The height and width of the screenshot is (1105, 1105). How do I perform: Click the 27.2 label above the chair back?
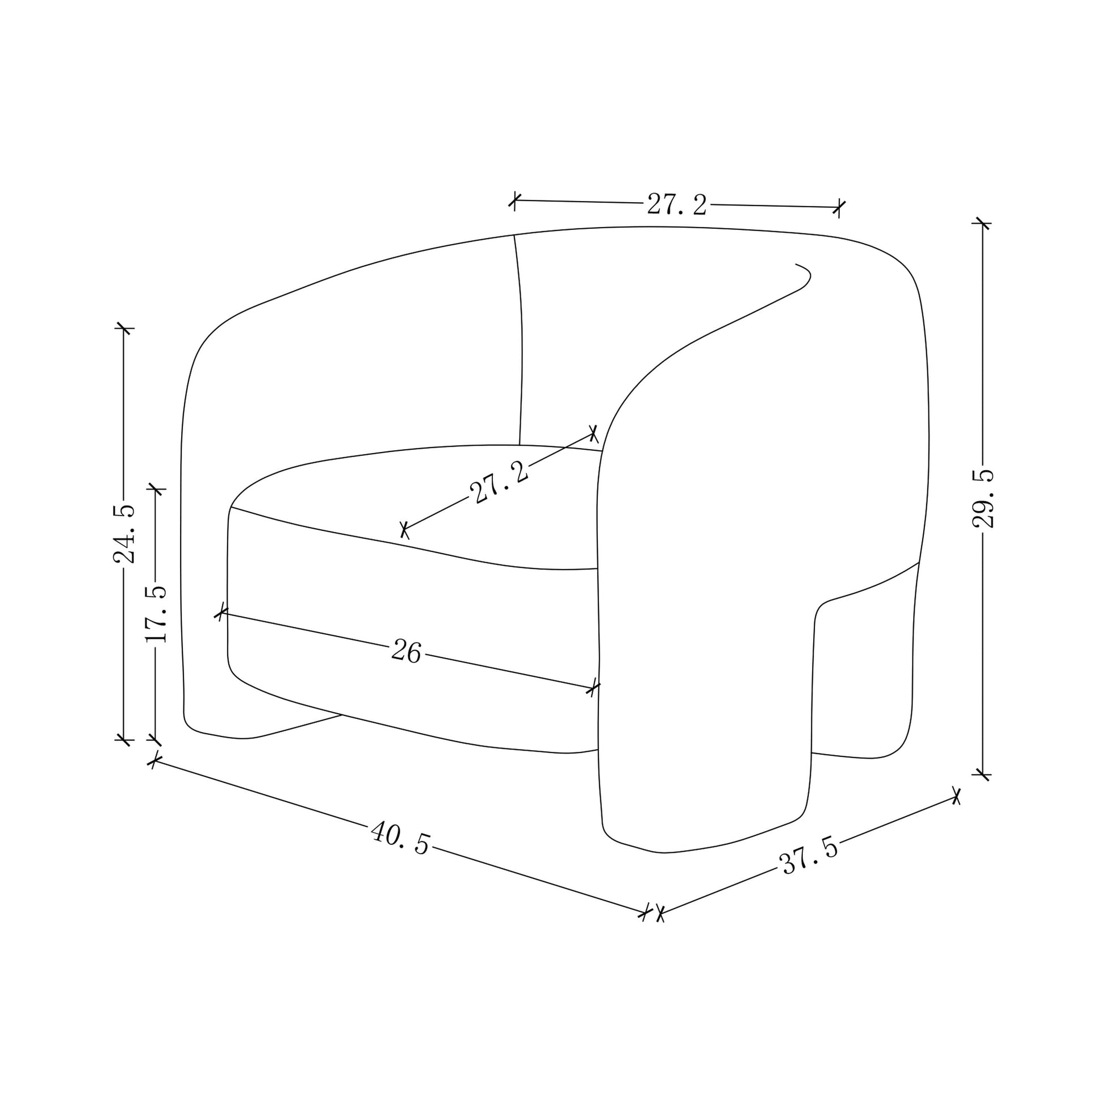(677, 204)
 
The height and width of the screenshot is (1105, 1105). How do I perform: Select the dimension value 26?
(407, 651)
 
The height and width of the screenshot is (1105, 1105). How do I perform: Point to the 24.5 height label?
(124, 534)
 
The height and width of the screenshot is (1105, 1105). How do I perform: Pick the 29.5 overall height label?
(982, 498)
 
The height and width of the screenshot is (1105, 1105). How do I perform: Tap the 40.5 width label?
(400, 838)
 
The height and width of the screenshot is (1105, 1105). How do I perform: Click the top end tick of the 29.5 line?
(982, 223)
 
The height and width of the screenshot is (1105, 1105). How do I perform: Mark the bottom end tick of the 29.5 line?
(982, 775)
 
